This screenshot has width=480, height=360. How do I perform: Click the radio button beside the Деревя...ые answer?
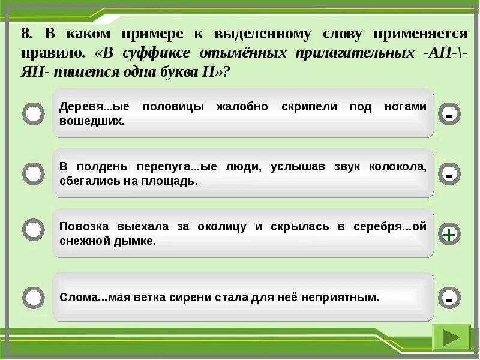click(x=34, y=114)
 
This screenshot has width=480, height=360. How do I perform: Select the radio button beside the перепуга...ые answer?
click(x=34, y=174)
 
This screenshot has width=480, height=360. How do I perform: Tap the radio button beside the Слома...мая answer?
click(x=34, y=297)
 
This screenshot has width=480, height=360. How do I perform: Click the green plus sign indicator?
click(x=449, y=235)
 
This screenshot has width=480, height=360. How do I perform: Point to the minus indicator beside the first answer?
click(x=449, y=114)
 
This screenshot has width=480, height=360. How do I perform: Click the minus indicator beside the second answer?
click(x=449, y=175)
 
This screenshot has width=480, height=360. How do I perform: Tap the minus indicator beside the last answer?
click(x=449, y=297)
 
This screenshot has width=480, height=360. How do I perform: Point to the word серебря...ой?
click(x=389, y=227)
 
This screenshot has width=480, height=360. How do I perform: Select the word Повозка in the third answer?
click(x=83, y=227)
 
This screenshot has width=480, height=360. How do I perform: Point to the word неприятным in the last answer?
click(x=348, y=297)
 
